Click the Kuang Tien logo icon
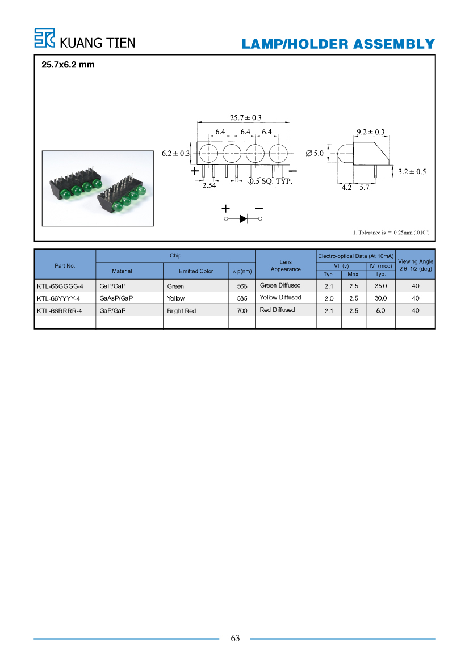click(x=44, y=38)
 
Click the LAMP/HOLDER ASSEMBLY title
click(x=338, y=44)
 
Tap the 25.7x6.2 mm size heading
click(x=68, y=65)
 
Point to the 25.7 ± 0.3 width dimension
click(x=245, y=117)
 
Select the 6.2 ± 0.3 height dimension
click(x=175, y=153)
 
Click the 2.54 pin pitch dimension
click(x=209, y=185)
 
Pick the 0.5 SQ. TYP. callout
click(x=271, y=181)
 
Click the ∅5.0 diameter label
click(x=315, y=153)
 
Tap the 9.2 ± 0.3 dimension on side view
click(x=371, y=132)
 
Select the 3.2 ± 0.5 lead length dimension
click(x=412, y=171)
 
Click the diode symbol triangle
click(x=244, y=218)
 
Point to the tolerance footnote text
click(x=391, y=233)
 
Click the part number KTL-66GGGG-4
click(x=60, y=286)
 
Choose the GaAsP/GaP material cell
click(x=116, y=298)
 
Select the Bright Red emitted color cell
click(x=181, y=311)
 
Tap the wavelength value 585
click(x=242, y=298)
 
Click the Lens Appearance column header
click(x=286, y=265)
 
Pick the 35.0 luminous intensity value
click(x=380, y=286)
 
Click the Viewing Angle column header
click(x=416, y=265)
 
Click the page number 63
click(x=235, y=638)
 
